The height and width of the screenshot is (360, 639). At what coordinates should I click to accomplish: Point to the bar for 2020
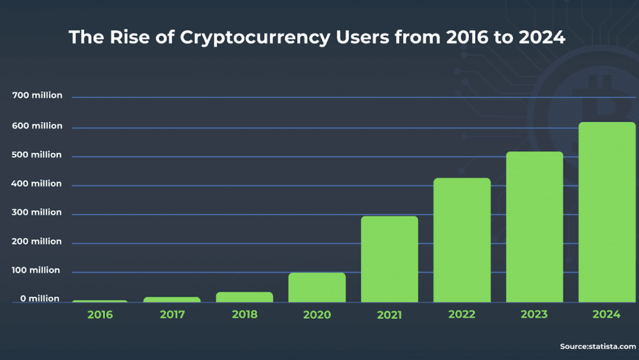click(x=317, y=287)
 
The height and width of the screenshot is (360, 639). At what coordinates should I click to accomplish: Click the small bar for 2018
click(x=245, y=297)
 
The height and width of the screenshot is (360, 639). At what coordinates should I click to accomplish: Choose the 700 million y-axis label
click(x=37, y=96)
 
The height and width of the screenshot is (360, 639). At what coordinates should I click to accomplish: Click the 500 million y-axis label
click(x=37, y=155)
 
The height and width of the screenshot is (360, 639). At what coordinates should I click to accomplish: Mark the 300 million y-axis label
click(x=37, y=213)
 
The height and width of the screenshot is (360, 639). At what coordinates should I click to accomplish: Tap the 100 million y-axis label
click(x=37, y=270)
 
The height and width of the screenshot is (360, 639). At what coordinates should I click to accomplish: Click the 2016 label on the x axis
click(x=100, y=314)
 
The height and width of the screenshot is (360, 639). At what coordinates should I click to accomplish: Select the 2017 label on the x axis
click(x=172, y=314)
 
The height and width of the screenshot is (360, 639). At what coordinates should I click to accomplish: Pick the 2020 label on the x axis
click(x=317, y=314)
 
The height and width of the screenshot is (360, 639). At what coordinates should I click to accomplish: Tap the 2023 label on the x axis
click(x=534, y=314)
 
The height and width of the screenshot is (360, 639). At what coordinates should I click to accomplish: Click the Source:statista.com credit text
click(x=597, y=346)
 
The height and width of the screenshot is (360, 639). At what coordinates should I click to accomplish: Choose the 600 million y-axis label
click(x=37, y=126)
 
